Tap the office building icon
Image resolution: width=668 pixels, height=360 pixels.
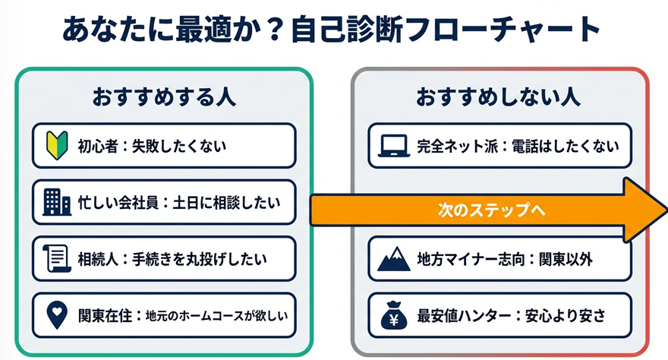pyautogui.click(x=57, y=202)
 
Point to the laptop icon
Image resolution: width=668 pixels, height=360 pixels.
pyautogui.click(x=395, y=145)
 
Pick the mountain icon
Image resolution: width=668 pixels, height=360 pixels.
pyautogui.click(x=395, y=259)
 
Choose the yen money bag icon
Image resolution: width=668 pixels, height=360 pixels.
pyautogui.click(x=395, y=315)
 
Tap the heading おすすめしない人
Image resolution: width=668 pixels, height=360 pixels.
pyautogui.click(x=498, y=97)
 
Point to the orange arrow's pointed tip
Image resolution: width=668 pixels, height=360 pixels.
pyautogui.click(x=662, y=210)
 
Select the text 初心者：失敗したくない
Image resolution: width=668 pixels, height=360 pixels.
pyautogui.click(x=152, y=145)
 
